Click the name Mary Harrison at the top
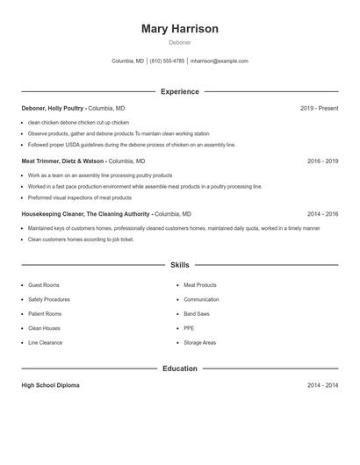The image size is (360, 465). (x=179, y=29)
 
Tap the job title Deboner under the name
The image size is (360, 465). (x=179, y=42)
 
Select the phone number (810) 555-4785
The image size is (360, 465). (x=167, y=61)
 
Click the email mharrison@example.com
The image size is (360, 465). (x=220, y=61)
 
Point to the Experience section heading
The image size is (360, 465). (x=179, y=91)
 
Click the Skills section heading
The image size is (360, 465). (x=179, y=265)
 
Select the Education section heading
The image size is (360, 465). (x=179, y=368)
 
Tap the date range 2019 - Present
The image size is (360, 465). (x=319, y=108)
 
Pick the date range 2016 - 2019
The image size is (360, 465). (x=322, y=161)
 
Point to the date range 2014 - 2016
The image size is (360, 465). (x=322, y=214)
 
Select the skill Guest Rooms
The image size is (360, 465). (x=44, y=285)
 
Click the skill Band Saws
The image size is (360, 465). (x=197, y=313)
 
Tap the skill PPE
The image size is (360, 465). (x=189, y=328)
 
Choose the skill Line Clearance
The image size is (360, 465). (x=46, y=342)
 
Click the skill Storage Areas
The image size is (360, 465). (x=199, y=342)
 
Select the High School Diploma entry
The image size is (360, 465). (x=51, y=385)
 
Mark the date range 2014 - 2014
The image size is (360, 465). (x=322, y=385)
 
